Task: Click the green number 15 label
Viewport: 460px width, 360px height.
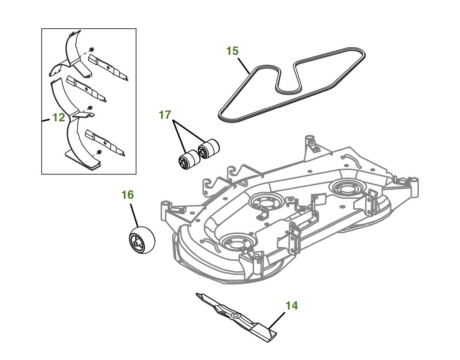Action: click(232, 51)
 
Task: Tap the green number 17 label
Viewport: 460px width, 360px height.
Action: click(165, 116)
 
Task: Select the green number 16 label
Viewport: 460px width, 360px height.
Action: click(127, 195)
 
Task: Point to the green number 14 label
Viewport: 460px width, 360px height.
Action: click(292, 306)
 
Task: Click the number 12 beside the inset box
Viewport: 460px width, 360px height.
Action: click(58, 117)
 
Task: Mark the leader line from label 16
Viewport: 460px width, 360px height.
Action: click(133, 215)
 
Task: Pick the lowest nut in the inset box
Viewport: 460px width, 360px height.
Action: click(99, 152)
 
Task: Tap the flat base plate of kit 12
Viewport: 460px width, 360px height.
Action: click(82, 157)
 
